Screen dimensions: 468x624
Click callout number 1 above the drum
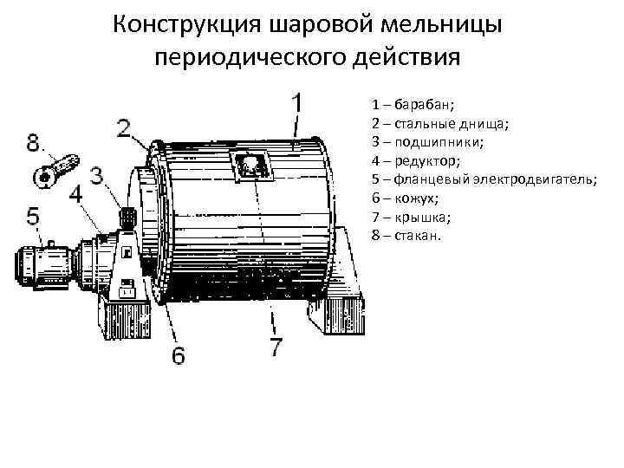point(296,104)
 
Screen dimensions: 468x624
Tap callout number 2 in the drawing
point(125,129)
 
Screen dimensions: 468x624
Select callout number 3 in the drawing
point(96,175)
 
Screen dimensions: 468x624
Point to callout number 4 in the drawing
point(77,193)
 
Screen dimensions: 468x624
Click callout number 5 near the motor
point(33,218)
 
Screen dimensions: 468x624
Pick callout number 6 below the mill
point(178,356)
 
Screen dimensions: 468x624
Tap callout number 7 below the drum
point(275,348)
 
